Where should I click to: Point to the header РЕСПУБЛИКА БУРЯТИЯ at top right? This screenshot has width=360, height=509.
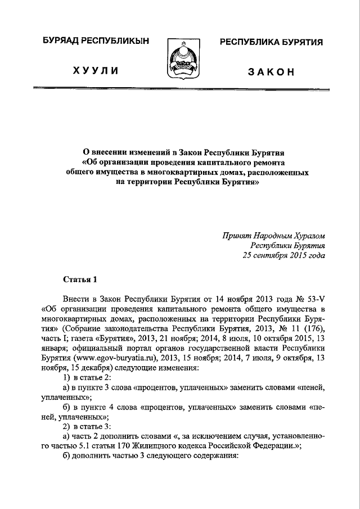[x=271, y=43]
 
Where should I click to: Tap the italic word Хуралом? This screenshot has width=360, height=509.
[x=306, y=236]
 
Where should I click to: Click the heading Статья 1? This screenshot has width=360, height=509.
[x=80, y=278]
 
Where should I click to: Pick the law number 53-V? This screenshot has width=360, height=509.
[x=314, y=298]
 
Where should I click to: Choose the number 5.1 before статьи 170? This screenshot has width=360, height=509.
[x=88, y=445]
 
